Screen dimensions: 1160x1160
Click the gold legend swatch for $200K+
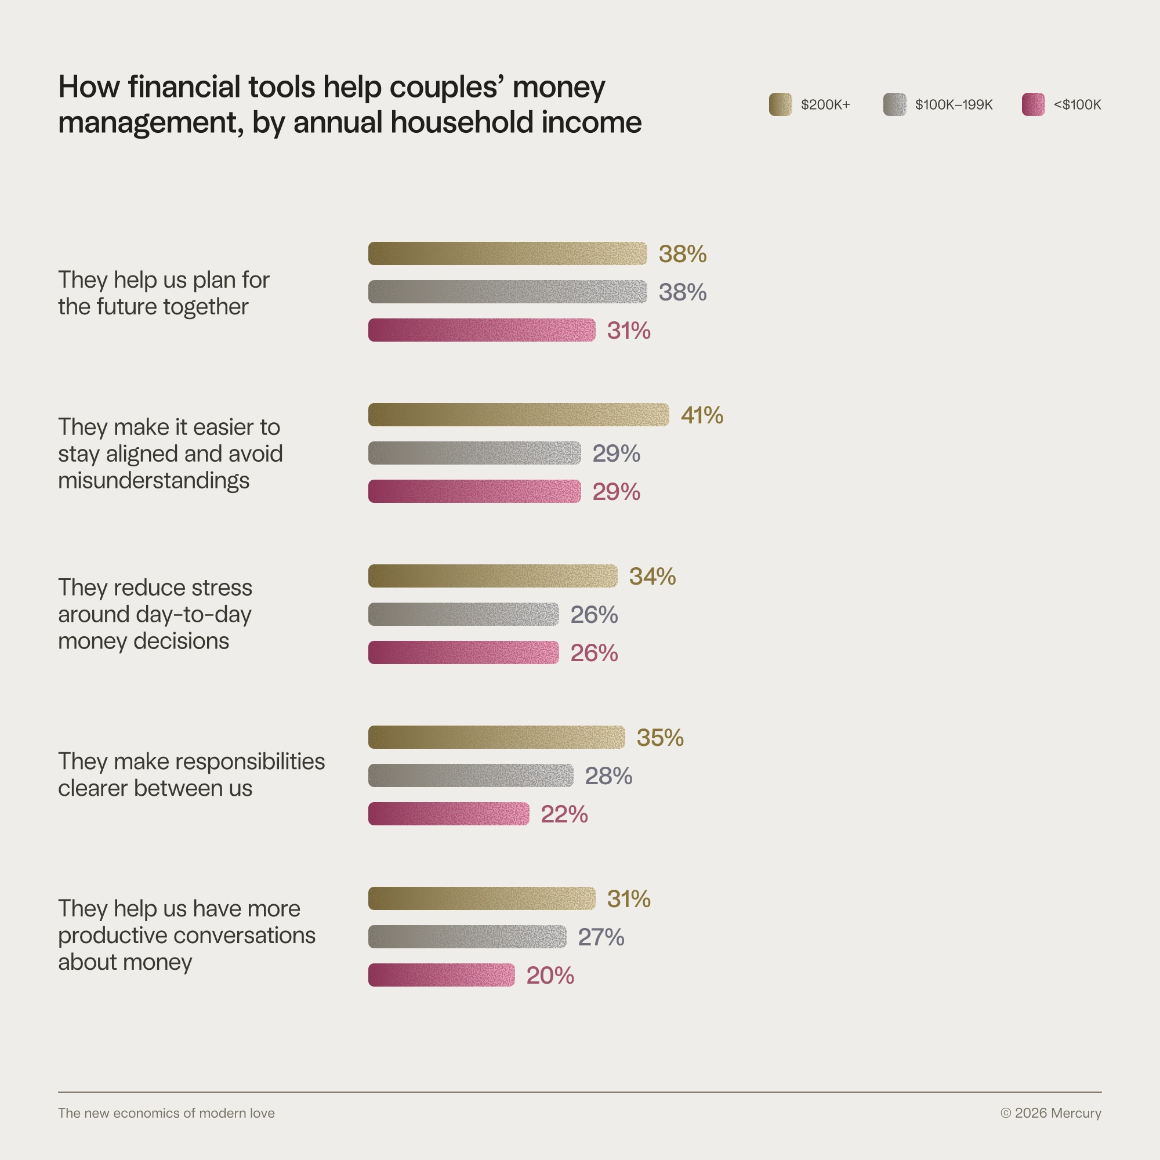pyautogui.click(x=780, y=104)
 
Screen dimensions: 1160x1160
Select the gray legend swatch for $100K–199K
pyautogui.click(x=894, y=104)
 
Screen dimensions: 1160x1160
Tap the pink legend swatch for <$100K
pyautogui.click(x=1034, y=104)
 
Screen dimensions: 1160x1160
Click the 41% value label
pyautogui.click(x=702, y=415)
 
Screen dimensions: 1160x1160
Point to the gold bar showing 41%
pyautogui.click(x=518, y=415)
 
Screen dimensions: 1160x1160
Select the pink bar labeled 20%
pyautogui.click(x=441, y=975)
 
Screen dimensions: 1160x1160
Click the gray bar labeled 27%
pyautogui.click(x=467, y=937)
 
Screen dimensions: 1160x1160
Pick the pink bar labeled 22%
pyautogui.click(x=448, y=814)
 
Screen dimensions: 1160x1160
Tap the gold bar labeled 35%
pyautogui.click(x=496, y=737)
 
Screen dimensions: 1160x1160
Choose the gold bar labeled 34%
pyautogui.click(x=492, y=576)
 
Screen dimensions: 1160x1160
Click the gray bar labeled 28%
pyautogui.click(x=471, y=775)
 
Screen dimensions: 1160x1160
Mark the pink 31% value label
pyautogui.click(x=629, y=330)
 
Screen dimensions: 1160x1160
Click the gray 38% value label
pyautogui.click(x=683, y=292)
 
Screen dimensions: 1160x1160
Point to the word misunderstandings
pyautogui.click(x=154, y=480)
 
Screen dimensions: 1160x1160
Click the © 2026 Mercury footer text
pyautogui.click(x=1051, y=1113)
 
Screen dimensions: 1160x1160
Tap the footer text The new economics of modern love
pyautogui.click(x=166, y=1113)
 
